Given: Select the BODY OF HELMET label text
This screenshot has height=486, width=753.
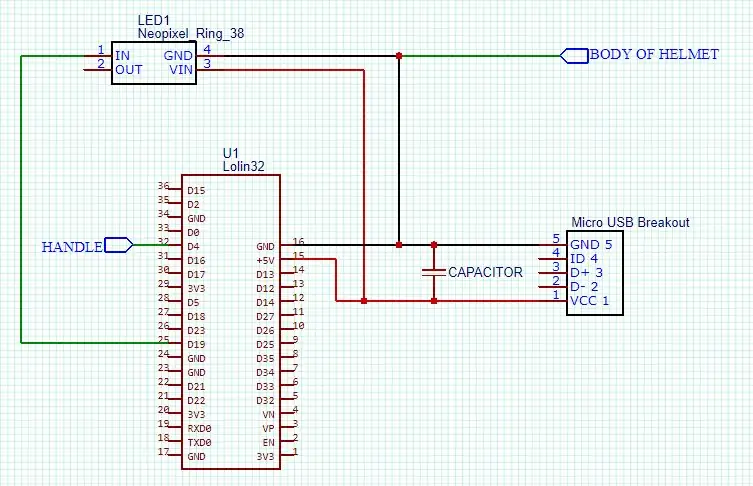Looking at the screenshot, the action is tap(654, 54).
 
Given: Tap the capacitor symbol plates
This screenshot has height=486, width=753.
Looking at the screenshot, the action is tap(434, 272).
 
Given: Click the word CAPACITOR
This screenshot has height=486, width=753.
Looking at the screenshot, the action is tap(485, 272).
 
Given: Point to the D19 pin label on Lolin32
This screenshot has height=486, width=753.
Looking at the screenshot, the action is tap(196, 344).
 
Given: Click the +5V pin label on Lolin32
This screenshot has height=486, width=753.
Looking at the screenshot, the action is tap(265, 261).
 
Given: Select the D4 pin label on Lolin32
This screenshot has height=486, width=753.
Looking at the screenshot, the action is tap(194, 246).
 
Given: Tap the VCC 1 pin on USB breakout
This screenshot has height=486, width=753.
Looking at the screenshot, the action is tap(589, 301).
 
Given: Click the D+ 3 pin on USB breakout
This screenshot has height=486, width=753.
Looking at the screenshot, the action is tap(586, 273).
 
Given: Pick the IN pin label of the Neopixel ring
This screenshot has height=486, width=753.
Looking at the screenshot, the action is tap(122, 56).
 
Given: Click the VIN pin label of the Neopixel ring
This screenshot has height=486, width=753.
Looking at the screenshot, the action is tap(181, 70).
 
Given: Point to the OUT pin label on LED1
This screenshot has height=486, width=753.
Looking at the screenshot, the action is tap(129, 70).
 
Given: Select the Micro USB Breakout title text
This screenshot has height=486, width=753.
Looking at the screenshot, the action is tap(630, 222).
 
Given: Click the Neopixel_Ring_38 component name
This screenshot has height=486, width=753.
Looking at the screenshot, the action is tap(191, 34).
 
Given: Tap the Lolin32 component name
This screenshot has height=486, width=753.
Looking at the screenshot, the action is tap(243, 166).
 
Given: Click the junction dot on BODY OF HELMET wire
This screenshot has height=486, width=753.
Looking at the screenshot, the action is tap(399, 56).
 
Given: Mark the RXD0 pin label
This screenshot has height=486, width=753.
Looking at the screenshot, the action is tap(199, 428).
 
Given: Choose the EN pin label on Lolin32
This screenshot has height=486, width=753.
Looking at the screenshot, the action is tap(268, 442).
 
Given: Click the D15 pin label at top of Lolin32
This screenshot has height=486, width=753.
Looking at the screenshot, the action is tap(196, 190).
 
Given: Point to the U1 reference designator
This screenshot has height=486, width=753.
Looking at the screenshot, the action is tap(231, 153).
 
